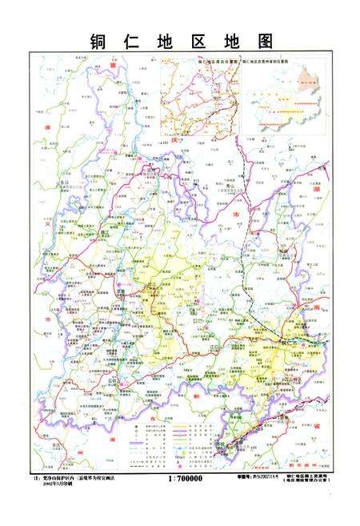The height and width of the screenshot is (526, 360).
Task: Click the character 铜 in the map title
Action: pyautogui.click(x=99, y=41)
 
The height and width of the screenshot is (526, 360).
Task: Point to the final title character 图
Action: pyautogui.click(x=261, y=41)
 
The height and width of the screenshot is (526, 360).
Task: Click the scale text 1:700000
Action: pyautogui.click(x=186, y=478)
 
